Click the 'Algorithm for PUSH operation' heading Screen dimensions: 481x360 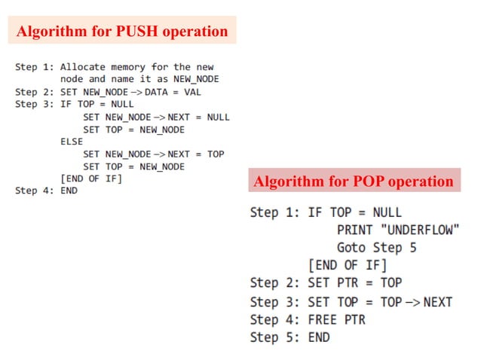(x=122, y=32)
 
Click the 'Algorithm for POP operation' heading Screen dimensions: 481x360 (x=354, y=182)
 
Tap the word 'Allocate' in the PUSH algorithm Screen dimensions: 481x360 (x=82, y=67)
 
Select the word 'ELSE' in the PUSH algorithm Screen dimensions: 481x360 (x=72, y=142)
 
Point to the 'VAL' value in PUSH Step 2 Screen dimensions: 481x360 (x=194, y=92)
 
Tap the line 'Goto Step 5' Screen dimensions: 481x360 (x=376, y=247)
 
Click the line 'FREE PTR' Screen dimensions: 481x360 (x=336, y=319)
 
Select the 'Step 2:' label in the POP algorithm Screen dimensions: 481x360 (x=275, y=283)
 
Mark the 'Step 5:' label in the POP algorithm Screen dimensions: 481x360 (x=275, y=337)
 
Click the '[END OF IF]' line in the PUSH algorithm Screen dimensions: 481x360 (x=90, y=178)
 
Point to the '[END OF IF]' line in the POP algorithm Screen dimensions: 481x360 (x=347, y=265)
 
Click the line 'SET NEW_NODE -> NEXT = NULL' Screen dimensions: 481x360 (x=156, y=117)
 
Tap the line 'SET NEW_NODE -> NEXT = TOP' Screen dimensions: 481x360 (x=154, y=154)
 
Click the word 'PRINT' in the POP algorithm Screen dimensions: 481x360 (x=354, y=230)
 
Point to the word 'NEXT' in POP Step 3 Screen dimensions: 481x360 (x=437, y=301)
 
